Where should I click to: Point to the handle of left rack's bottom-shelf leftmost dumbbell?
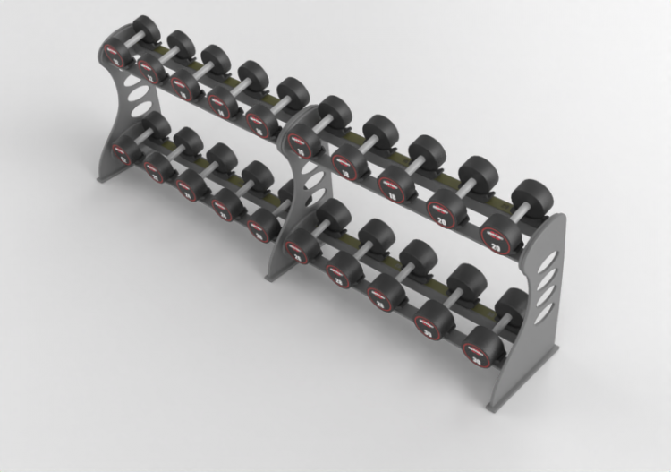pos(142,135)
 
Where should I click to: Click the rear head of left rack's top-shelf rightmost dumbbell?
pos(292,94)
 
